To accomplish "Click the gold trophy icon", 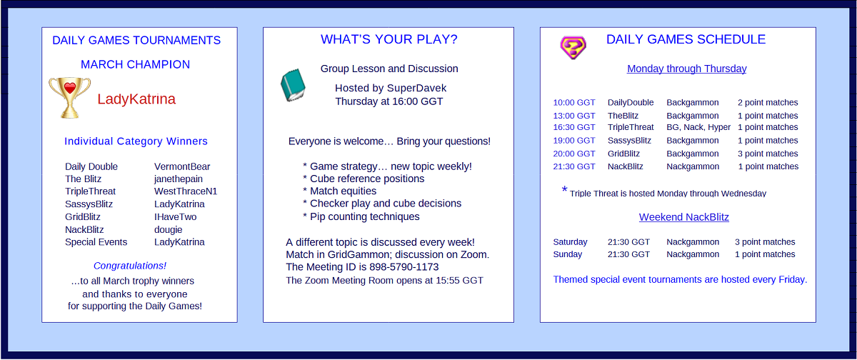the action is (70, 98).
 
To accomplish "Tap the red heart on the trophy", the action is (70, 88).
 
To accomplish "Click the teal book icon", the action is (293, 85).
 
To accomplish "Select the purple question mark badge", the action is (573, 47).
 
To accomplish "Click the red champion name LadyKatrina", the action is (136, 99).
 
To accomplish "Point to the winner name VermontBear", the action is (182, 167).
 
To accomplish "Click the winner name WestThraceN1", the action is (186, 191).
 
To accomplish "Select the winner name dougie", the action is (169, 229).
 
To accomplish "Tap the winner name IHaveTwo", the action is (175, 217).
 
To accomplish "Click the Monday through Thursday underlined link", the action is (687, 69).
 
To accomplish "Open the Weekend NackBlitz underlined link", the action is (683, 217).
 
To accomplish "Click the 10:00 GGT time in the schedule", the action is (574, 103).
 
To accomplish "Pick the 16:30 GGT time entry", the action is (574, 127).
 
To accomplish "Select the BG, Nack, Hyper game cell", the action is (698, 127).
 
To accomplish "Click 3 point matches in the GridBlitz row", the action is (768, 154).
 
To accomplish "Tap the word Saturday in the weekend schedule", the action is (570, 242).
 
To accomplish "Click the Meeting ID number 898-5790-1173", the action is (404, 267).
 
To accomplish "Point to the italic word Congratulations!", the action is (130, 266).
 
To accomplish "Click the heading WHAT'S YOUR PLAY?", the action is (389, 39).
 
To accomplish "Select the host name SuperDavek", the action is (416, 89).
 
